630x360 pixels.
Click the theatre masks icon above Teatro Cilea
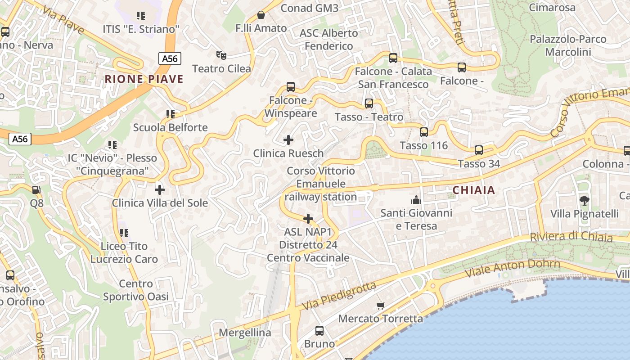coord(221,55)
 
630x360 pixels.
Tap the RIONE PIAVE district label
coord(144,79)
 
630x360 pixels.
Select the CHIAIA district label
coord(474,190)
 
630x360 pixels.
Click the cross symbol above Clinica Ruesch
coord(288,140)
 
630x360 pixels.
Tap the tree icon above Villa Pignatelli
coord(585,200)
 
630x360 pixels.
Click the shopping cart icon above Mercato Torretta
coord(381,306)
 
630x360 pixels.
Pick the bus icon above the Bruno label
coord(319,331)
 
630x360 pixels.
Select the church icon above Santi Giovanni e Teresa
coord(416,199)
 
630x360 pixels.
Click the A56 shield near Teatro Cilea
coord(170,58)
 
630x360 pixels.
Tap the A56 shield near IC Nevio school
coord(20,139)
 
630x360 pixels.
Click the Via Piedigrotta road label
coord(339,296)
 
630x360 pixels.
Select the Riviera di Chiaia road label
coord(571,237)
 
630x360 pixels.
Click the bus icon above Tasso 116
coord(424,132)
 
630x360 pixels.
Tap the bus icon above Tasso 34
coord(479,150)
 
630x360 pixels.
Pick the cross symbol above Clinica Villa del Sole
coord(160,189)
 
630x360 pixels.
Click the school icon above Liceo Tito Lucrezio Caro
coord(124,233)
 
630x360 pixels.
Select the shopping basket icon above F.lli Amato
coord(261,15)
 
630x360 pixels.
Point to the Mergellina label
coord(245,333)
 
